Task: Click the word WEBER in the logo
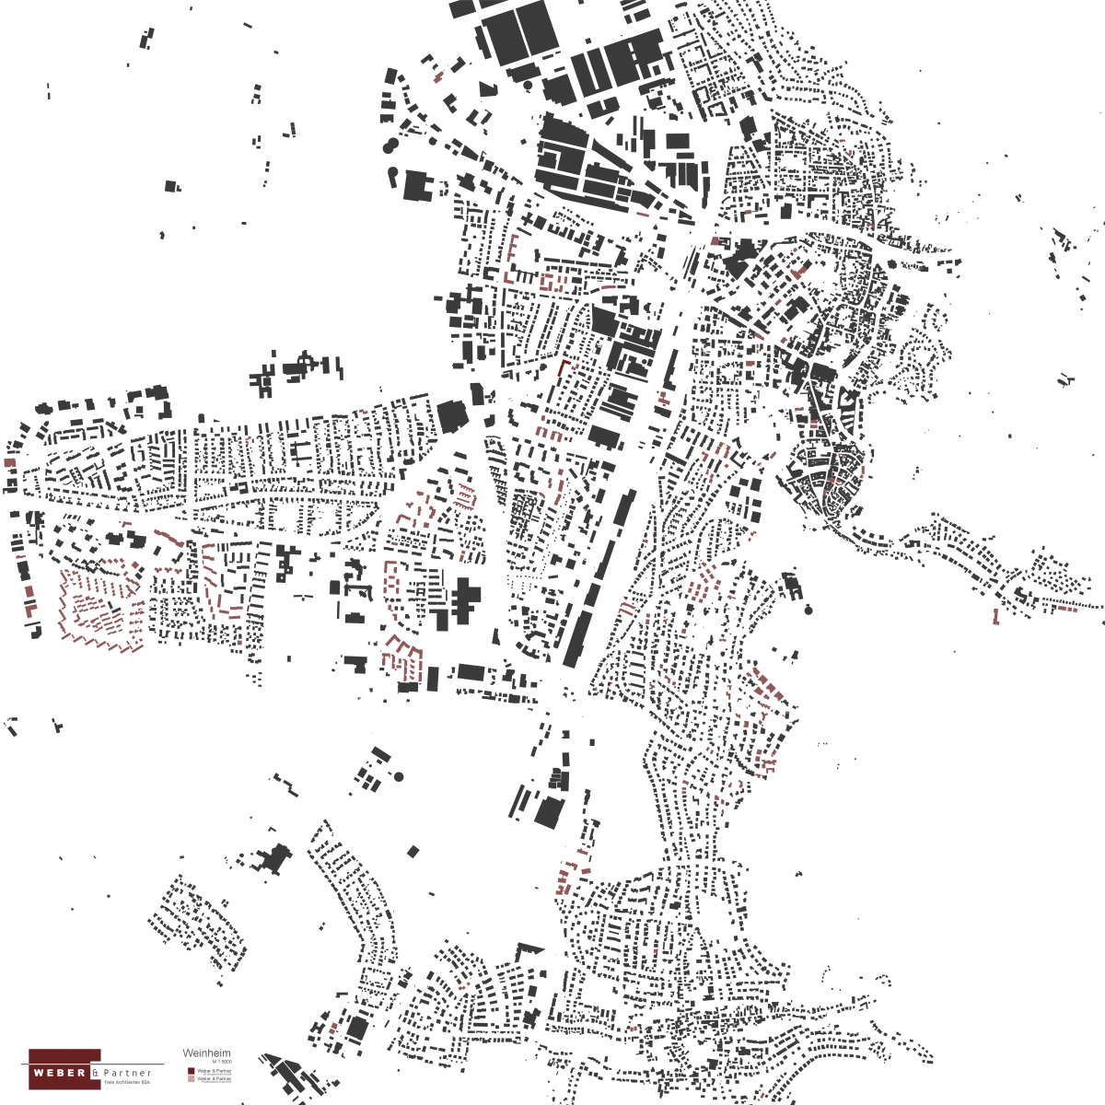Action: [x=60, y=1073]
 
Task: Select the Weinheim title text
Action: [x=206, y=1053]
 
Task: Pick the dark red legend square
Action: [x=191, y=1071]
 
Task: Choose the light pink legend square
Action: [x=191, y=1079]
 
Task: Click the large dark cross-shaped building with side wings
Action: [x=462, y=597]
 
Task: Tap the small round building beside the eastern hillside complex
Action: [x=808, y=610]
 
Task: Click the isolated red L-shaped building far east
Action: [x=996, y=617]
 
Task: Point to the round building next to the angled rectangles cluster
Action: [x=399, y=776]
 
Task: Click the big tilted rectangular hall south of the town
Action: [x=550, y=812]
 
